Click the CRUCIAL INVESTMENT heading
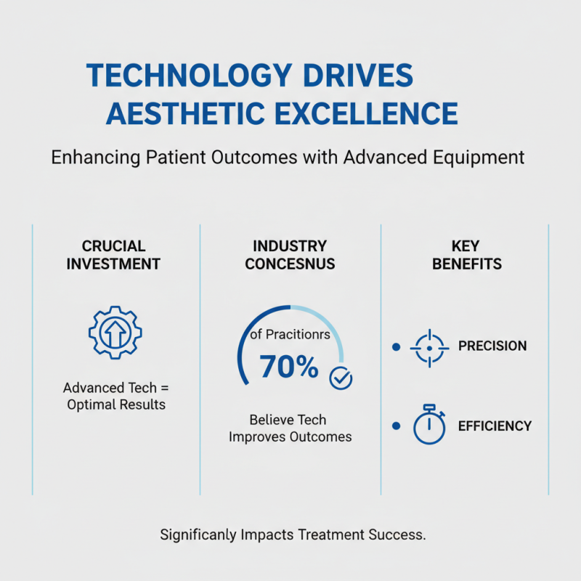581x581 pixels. [x=113, y=255]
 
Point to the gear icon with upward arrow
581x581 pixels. [x=115, y=333]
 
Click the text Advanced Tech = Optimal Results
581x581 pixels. [x=115, y=396]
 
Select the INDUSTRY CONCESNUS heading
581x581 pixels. [x=290, y=255]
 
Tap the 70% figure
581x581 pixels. [x=288, y=367]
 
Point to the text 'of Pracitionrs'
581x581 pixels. [x=290, y=334]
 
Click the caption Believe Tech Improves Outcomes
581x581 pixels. [x=290, y=428]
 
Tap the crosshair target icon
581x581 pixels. [x=428, y=348]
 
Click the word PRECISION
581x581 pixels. [x=492, y=346]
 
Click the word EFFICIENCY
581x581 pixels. [x=495, y=426]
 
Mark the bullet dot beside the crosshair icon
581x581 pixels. [x=396, y=348]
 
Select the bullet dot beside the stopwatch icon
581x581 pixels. [x=396, y=426]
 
